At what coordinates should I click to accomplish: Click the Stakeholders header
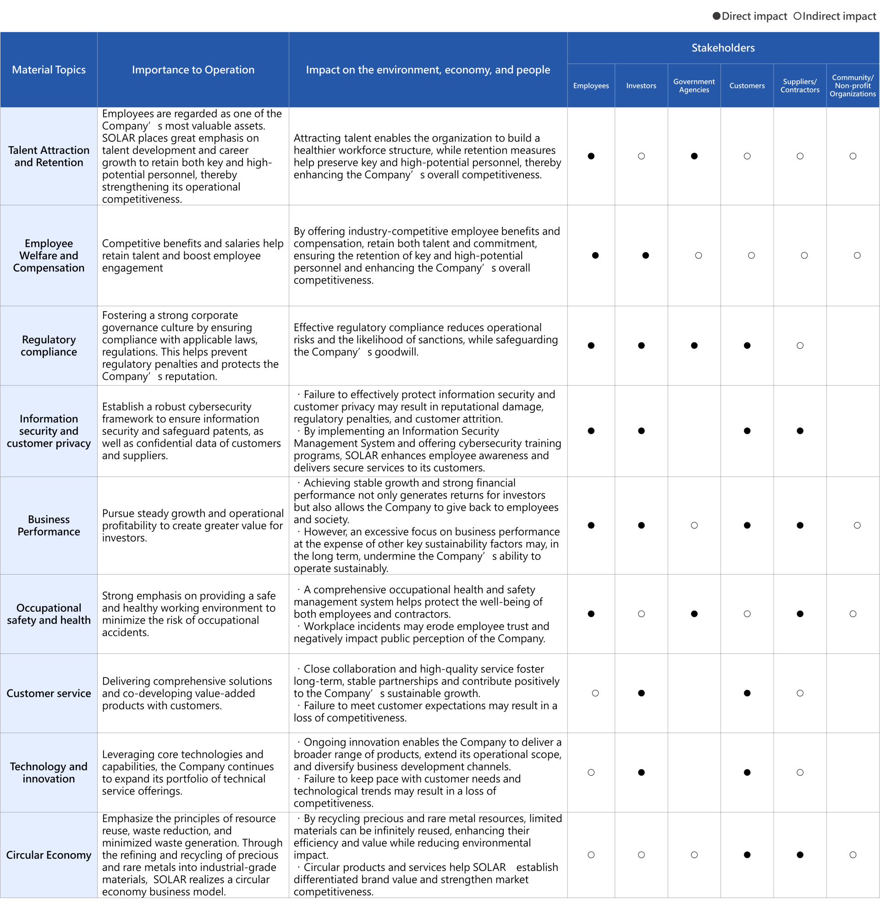coord(723,48)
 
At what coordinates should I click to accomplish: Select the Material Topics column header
coord(49,70)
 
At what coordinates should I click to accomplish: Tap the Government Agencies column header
coord(694,86)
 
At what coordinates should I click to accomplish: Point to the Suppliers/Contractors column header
coord(800,86)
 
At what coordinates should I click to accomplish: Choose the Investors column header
coord(641,86)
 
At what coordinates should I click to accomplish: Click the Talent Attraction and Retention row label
coord(49,156)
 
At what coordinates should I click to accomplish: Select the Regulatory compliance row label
coord(49,345)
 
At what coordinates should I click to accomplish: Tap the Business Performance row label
coord(49,525)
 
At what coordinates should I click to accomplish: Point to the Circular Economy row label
coord(49,855)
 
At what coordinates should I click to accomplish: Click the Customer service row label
coord(49,693)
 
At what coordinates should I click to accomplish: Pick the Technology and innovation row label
coord(49,773)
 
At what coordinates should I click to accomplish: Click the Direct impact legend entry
coord(750,16)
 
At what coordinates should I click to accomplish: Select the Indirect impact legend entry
coord(834,16)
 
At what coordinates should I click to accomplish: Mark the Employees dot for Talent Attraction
coord(591,156)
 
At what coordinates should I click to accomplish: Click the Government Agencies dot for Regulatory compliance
coord(694,345)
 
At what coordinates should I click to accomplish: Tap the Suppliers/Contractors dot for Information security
coord(800,431)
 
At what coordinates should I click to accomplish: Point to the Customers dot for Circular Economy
coord(747,855)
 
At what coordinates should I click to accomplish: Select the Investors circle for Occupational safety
coord(641,614)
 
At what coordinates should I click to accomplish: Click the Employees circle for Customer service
coord(595,693)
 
